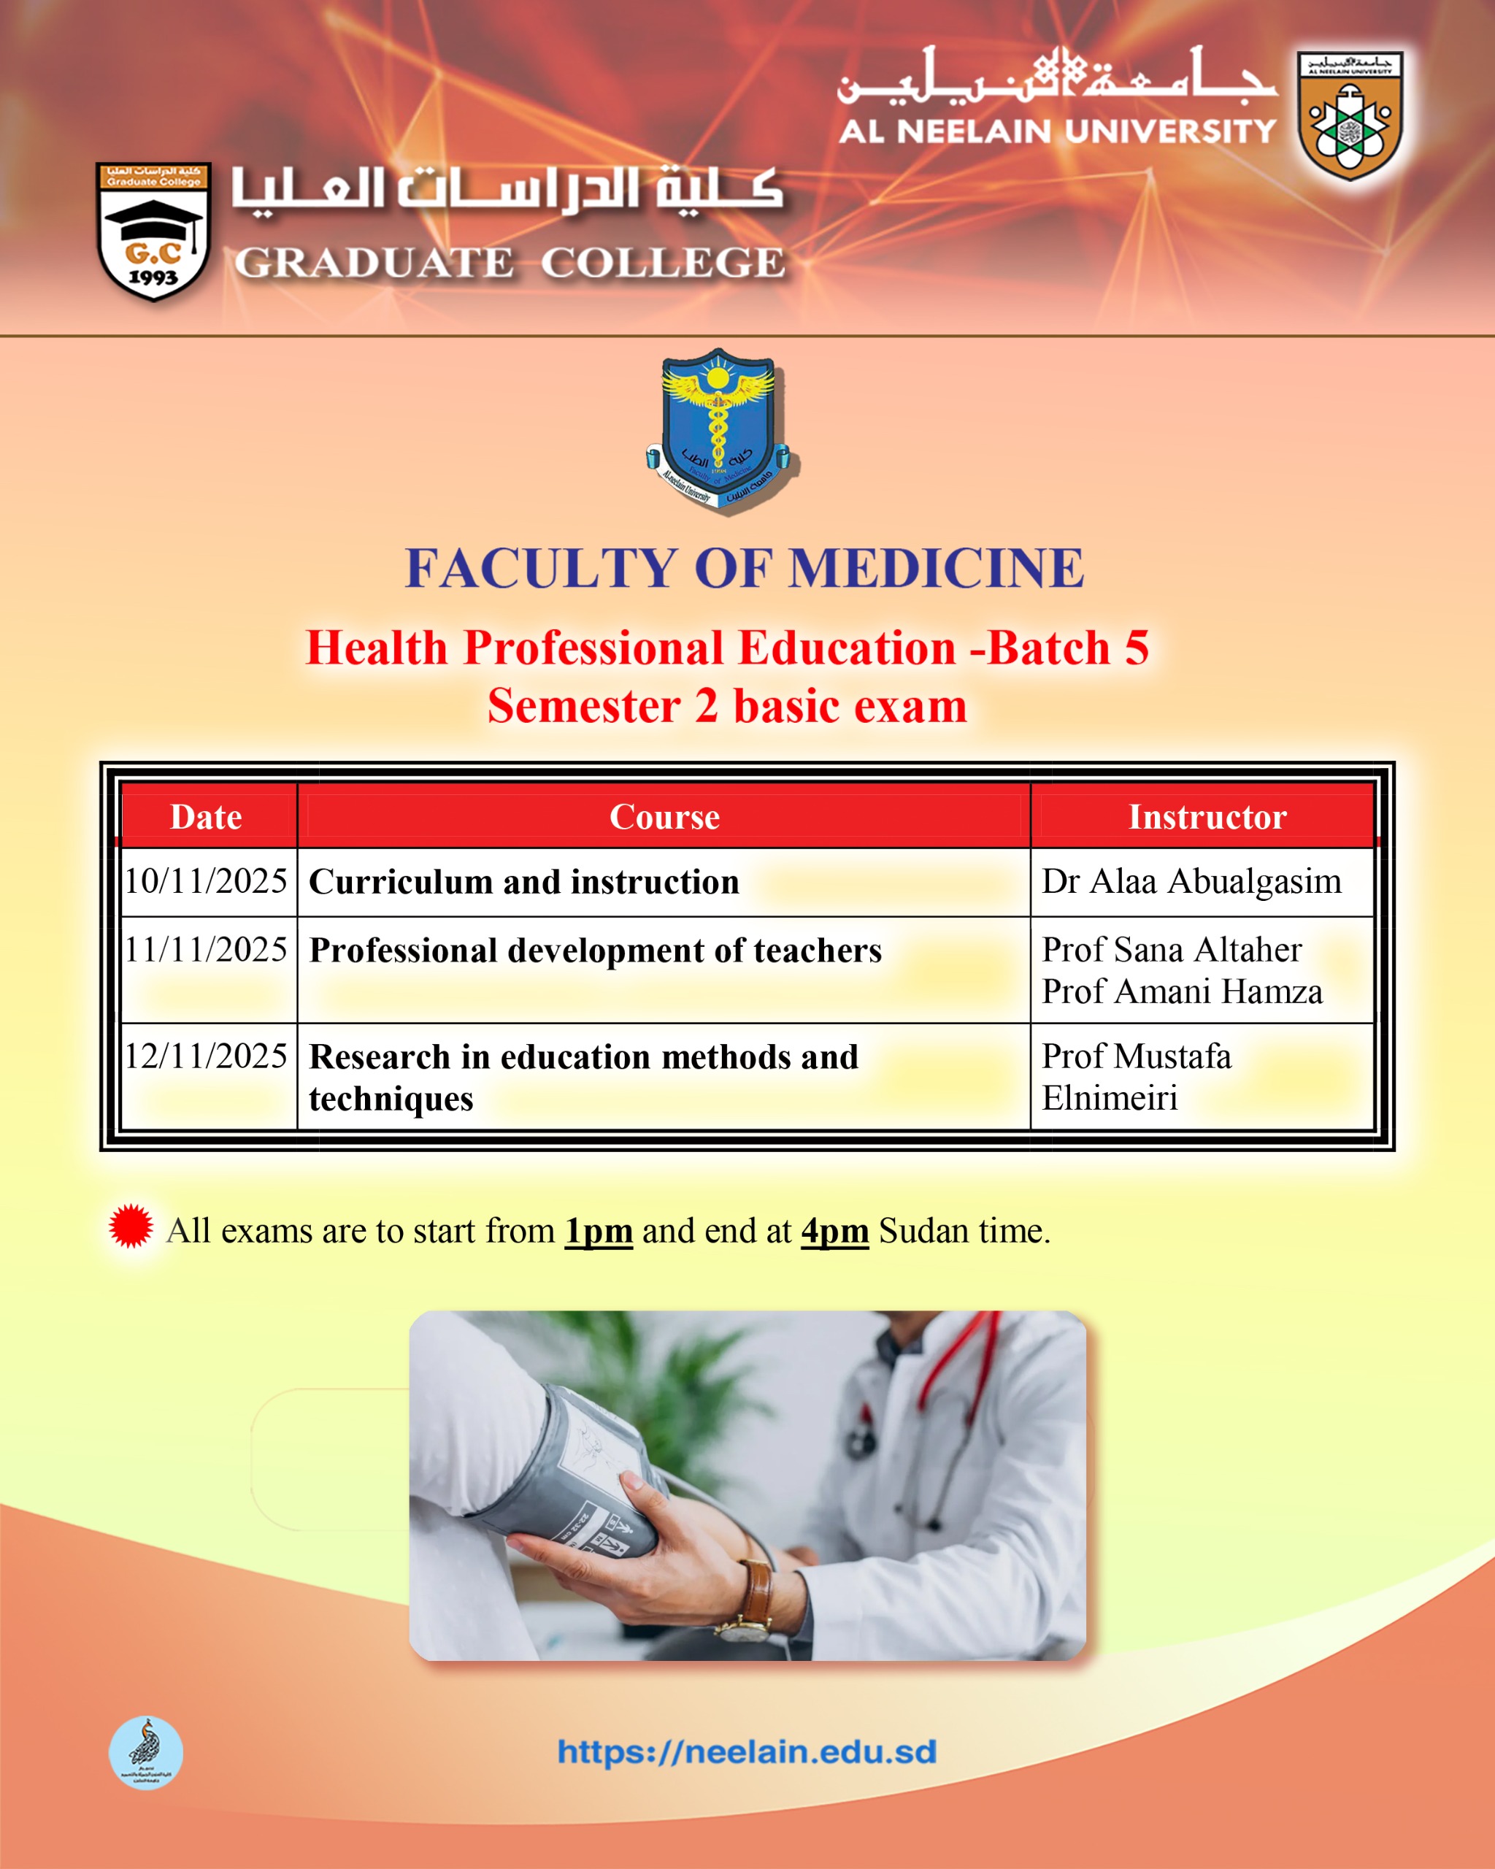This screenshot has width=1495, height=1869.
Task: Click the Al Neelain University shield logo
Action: click(1350, 115)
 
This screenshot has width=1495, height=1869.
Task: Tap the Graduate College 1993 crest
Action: click(153, 231)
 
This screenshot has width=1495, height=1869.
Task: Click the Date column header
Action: click(207, 817)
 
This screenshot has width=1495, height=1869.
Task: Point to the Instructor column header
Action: click(1207, 817)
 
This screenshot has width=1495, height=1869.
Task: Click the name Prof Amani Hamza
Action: click(1182, 991)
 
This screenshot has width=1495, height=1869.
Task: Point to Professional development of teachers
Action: click(596, 950)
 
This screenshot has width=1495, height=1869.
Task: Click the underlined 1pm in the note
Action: click(599, 1231)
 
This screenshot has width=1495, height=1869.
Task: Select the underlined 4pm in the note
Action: click(834, 1231)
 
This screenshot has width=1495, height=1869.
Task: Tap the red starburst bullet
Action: click(131, 1226)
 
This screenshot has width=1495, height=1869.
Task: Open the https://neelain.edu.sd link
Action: click(747, 1751)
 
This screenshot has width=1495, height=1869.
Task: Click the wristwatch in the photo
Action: click(756, 1600)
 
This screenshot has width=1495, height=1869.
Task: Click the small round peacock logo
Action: click(145, 1752)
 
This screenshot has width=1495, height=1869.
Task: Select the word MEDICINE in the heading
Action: click(937, 569)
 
